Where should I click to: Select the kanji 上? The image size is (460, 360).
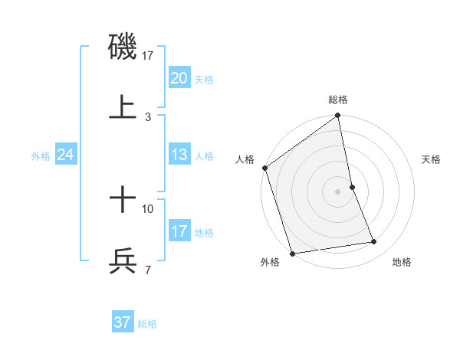(123, 108)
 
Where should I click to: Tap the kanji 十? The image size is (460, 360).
(123, 201)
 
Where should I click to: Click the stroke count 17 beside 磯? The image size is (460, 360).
(148, 56)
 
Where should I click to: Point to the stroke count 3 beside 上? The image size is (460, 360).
(148, 117)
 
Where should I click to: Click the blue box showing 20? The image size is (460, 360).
(179, 77)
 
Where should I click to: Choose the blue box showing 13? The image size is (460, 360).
(179, 155)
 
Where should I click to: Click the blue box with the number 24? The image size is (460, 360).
(66, 155)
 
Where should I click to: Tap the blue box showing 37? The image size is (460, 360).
(123, 322)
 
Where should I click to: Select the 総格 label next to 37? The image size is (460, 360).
(147, 324)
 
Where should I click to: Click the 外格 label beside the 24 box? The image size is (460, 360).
(41, 156)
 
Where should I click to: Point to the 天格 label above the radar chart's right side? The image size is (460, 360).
(432, 159)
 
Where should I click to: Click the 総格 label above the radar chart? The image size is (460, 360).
(338, 100)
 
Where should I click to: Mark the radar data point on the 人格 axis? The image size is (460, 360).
(265, 168)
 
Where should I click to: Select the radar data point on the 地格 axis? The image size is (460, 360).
(374, 242)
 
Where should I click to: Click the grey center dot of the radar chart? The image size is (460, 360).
(338, 191)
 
